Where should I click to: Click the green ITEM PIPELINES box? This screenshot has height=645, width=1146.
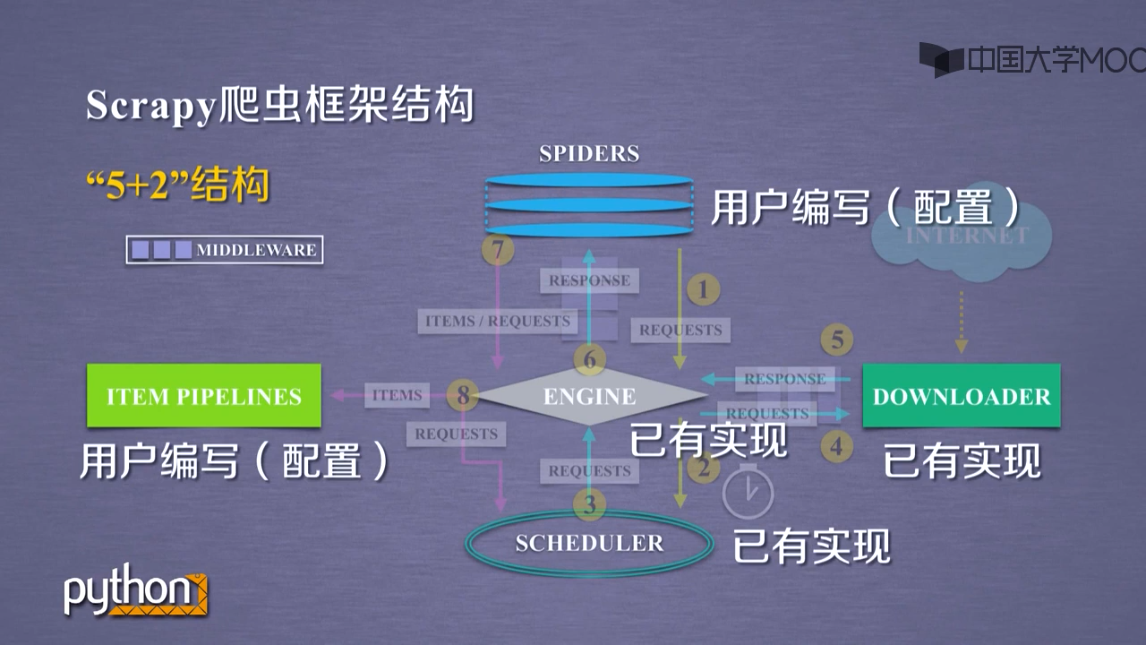pos(204,395)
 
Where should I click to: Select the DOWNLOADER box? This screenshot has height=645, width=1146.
pos(961,395)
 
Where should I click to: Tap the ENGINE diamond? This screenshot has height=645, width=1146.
pos(589,396)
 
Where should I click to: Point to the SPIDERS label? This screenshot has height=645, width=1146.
pos(589,153)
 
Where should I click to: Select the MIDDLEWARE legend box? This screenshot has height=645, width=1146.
pos(225,250)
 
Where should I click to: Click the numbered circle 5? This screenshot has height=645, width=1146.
pos(837,340)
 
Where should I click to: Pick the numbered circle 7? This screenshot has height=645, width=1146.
pos(498,249)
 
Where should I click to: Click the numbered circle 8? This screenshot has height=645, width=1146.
pos(463,395)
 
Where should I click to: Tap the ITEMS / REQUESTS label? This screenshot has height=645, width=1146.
pos(497,321)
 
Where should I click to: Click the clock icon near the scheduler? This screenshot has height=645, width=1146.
pos(748,492)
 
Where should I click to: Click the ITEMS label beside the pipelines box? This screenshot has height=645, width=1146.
pos(397,395)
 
